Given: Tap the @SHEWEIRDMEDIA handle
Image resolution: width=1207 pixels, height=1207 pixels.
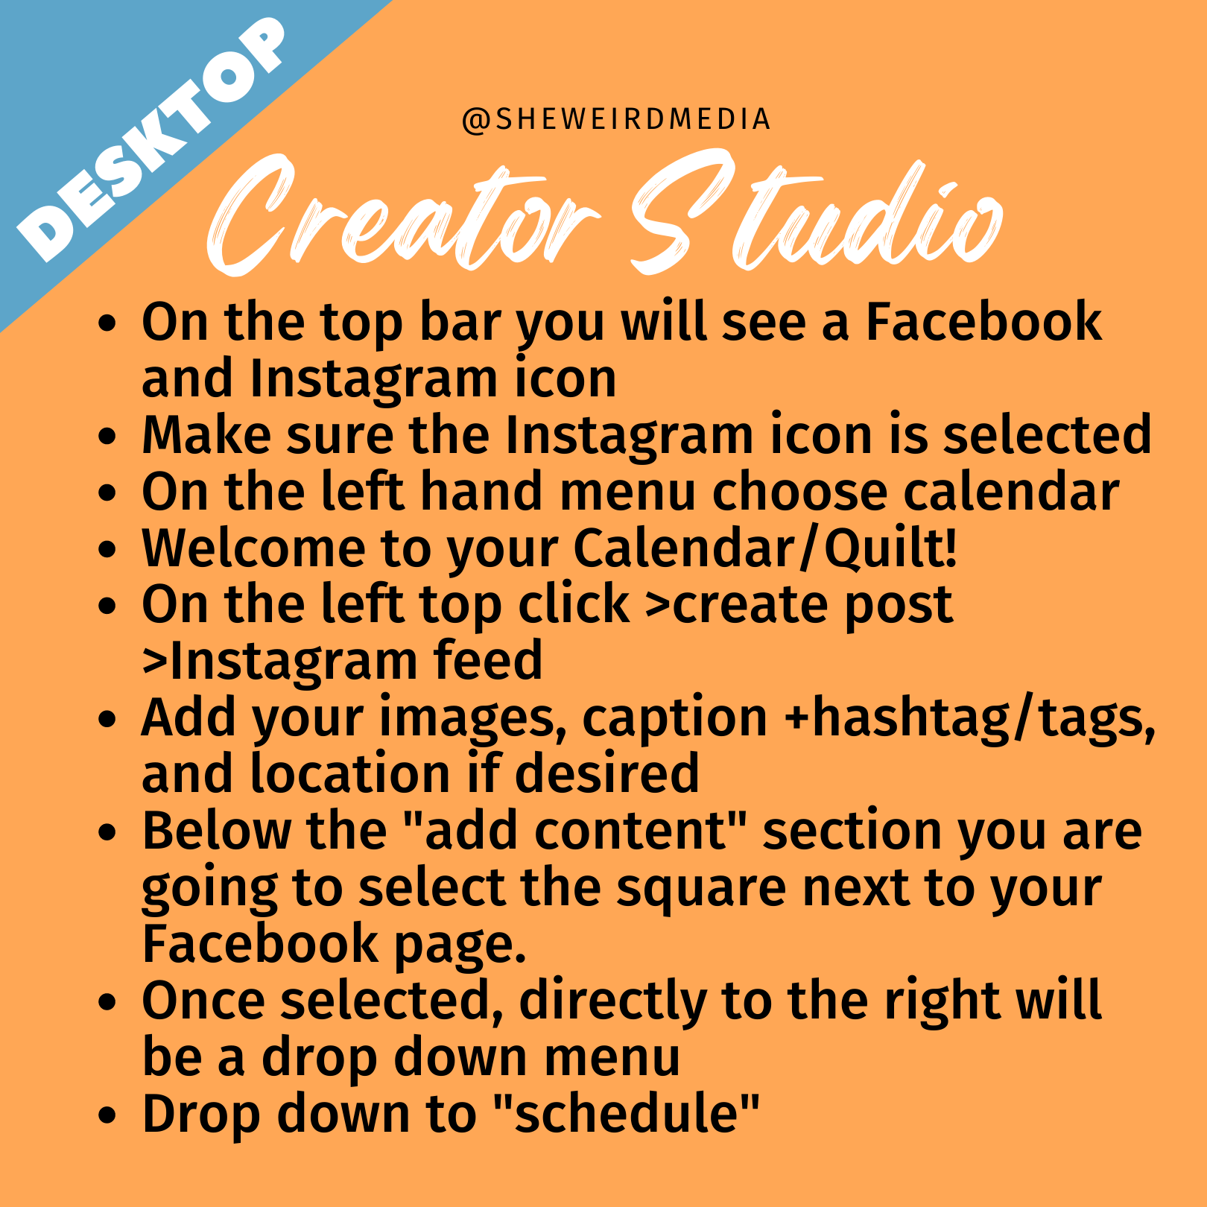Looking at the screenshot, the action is point(616,119).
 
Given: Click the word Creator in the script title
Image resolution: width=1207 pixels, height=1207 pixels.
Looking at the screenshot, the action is point(402,216).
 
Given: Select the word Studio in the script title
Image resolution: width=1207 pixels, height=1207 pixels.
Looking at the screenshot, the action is point(816,212).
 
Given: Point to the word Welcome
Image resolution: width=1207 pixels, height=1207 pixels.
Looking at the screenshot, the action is point(253,548).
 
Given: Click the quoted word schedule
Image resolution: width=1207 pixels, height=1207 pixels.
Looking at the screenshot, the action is point(626,1113).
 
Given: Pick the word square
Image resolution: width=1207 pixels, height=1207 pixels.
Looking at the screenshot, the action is point(701,890).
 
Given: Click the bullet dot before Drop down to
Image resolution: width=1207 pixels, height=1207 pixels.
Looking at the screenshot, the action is point(108,1115).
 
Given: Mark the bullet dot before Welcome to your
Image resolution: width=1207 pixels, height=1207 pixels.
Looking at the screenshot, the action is point(108,550).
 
